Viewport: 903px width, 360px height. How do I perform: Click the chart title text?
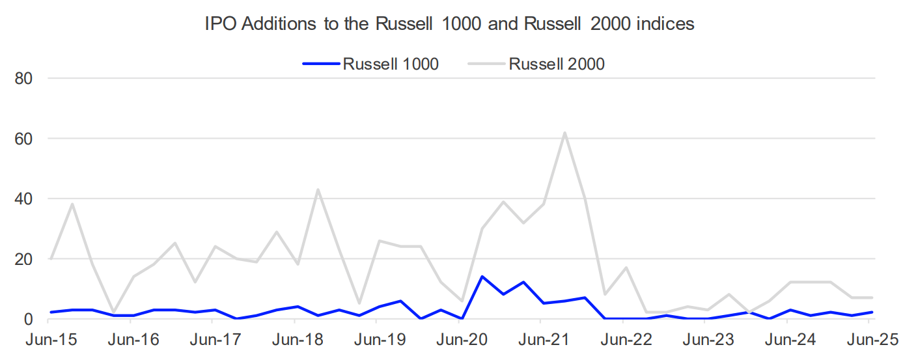click(x=449, y=24)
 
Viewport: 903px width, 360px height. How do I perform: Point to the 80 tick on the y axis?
click(x=23, y=78)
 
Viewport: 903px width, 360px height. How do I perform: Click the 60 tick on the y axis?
click(x=23, y=139)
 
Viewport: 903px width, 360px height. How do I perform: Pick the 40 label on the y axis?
click(x=23, y=199)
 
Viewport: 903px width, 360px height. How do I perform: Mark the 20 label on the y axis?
click(x=23, y=259)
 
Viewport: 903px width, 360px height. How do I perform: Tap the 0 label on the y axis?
click(x=28, y=319)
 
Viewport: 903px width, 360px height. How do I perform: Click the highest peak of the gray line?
click(x=564, y=133)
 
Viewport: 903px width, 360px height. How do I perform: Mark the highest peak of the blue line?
click(x=482, y=277)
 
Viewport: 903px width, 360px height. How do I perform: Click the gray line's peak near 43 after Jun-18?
click(x=317, y=190)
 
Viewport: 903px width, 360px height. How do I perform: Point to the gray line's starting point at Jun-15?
click(x=51, y=259)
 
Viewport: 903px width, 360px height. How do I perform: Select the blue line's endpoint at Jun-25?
click(x=872, y=312)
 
